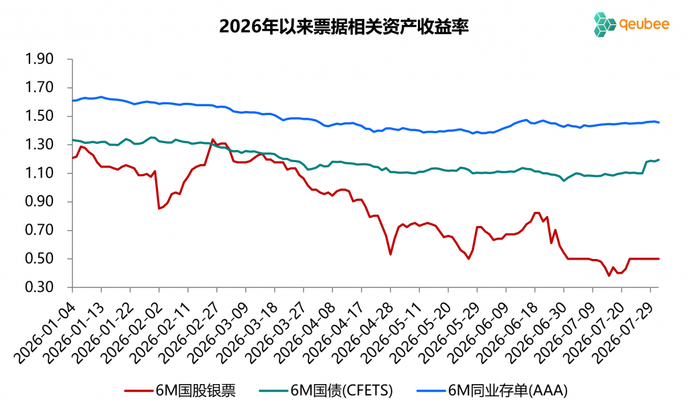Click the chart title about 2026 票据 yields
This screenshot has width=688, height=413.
click(x=344, y=26)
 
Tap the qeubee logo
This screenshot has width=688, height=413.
click(x=631, y=24)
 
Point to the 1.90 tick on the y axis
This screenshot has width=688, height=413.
click(x=40, y=59)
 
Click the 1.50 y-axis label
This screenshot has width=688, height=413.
click(x=40, y=116)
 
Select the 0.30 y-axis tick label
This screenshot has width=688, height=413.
click(x=40, y=287)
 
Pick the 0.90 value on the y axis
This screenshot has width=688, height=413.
click(x=40, y=202)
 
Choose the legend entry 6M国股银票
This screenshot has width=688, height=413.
click(x=180, y=390)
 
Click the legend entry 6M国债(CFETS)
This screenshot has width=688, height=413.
click(x=326, y=390)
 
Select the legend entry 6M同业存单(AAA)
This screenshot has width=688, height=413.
click(x=492, y=390)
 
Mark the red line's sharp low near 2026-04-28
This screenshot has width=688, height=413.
click(x=390, y=254)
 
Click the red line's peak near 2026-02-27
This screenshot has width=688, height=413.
click(x=213, y=140)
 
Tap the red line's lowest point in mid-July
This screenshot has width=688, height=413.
click(x=609, y=276)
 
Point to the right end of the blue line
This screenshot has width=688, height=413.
click(x=658, y=122)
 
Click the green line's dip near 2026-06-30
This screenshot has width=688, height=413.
click(x=564, y=180)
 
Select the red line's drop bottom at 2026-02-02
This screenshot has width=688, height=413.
click(x=159, y=209)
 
